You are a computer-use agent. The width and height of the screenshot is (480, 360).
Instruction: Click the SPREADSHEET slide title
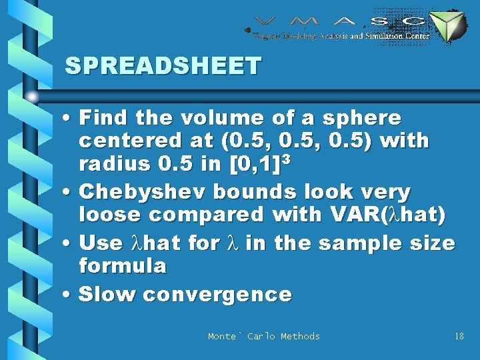[x=163, y=66]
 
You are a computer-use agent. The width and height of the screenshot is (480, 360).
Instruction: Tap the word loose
[x=110, y=215]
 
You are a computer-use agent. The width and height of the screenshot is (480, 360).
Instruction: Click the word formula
[x=122, y=267]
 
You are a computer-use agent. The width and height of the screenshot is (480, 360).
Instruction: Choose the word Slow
[x=107, y=295]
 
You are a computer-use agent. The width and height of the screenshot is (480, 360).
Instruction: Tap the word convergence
[x=217, y=295]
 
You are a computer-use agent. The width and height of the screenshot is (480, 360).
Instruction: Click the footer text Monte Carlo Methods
[x=264, y=337]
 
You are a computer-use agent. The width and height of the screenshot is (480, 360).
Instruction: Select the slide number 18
[x=459, y=337]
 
